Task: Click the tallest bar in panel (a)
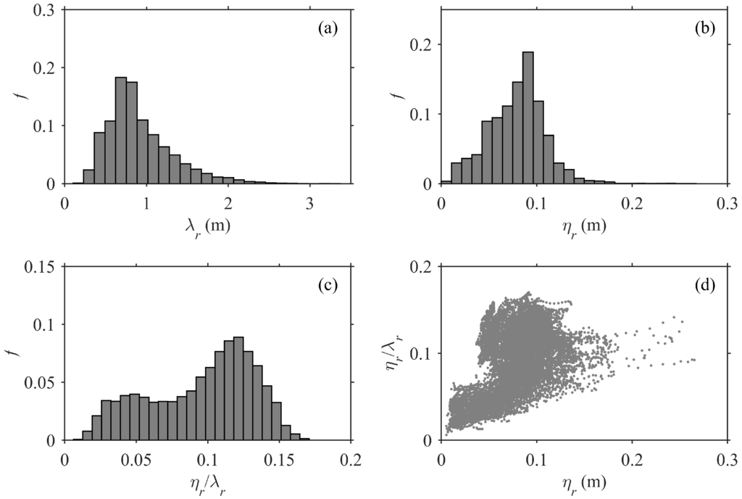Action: pyautogui.click(x=121, y=130)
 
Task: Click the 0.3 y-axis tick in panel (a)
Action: pyautogui.click(x=47, y=9)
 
